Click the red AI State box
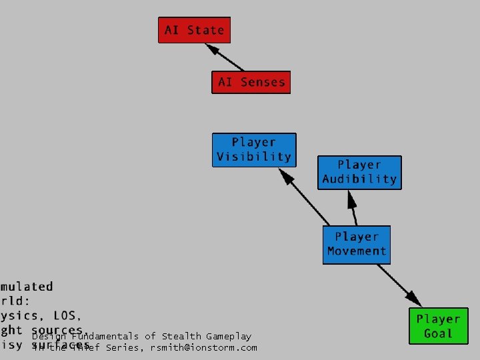click(194, 30)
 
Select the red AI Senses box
click(251, 82)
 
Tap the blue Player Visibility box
click(254, 150)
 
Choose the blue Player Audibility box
click(359, 172)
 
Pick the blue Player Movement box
click(357, 244)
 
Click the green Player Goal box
click(438, 326)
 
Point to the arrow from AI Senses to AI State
click(225, 57)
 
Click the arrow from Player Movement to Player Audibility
click(352, 208)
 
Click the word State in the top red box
click(205, 30)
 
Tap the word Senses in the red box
click(262, 82)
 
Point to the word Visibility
click(254, 157)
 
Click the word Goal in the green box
click(438, 333)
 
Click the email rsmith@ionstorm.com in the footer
click(203, 347)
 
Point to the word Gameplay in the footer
click(229, 337)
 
